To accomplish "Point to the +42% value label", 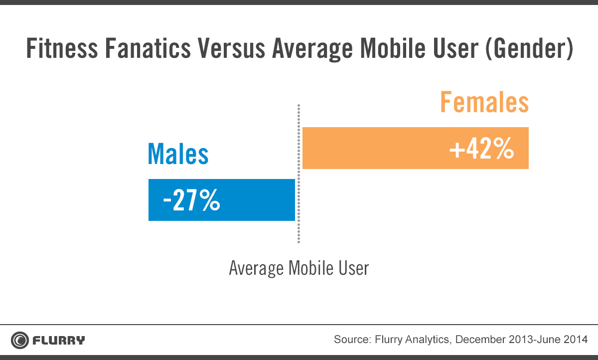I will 481,148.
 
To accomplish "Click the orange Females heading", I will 484,103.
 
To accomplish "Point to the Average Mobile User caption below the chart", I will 299,268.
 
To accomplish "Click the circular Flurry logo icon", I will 20,341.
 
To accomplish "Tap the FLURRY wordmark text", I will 59,341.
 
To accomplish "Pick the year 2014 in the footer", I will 577,340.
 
